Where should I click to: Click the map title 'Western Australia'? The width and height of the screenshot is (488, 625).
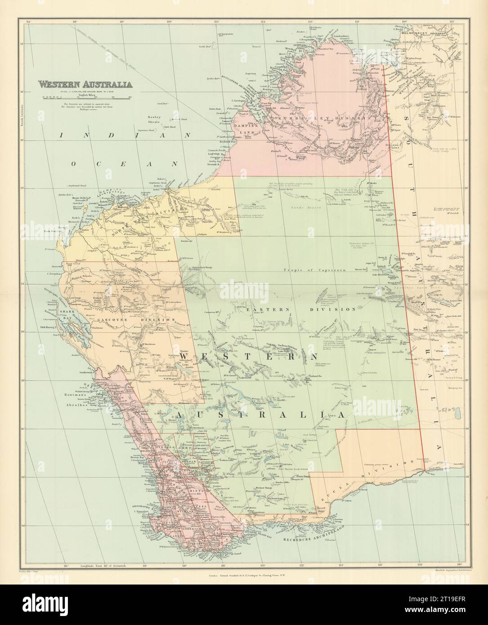click(x=85, y=84)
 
